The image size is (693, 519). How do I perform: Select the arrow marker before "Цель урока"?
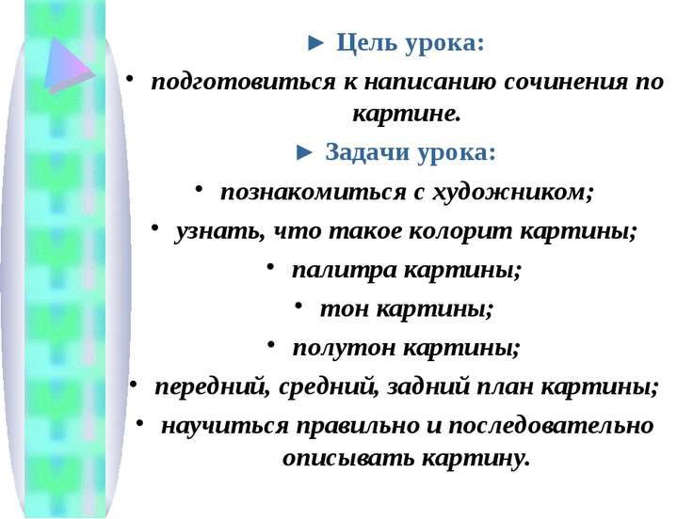tap(315, 43)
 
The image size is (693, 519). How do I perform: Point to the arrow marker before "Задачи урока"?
tap(304, 152)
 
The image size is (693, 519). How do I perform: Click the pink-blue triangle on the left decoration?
tap(67, 65)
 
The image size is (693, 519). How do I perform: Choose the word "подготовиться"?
tap(243, 83)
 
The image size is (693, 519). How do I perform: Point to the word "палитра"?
tap(344, 270)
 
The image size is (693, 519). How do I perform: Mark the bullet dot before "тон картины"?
tap(298, 304)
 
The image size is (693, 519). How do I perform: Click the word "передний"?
tap(212, 387)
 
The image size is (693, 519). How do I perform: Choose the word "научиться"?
tap(224, 426)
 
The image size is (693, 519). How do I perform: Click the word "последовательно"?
tap(551, 426)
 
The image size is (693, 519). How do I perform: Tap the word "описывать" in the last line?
tap(347, 459)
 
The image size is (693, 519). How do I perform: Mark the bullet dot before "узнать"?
tap(153, 227)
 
